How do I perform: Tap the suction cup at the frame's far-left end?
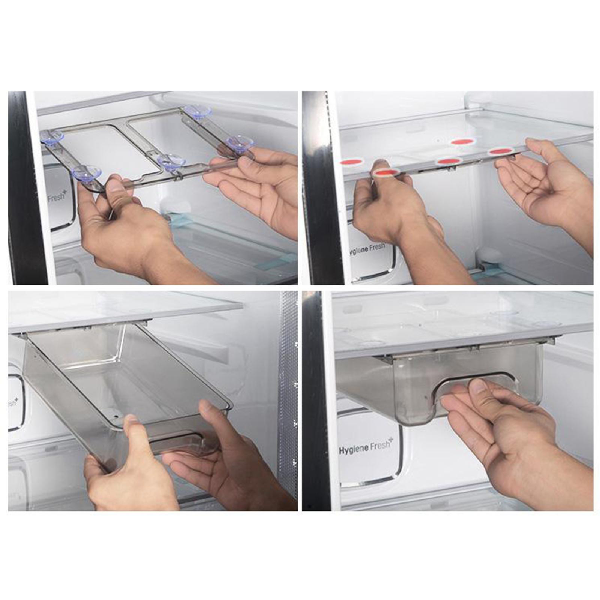click(x=52, y=136)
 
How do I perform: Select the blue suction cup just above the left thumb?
click(x=87, y=173)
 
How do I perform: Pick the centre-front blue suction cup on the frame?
click(x=171, y=162)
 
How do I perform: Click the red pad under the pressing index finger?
click(x=386, y=172)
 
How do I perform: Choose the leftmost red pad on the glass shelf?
click(x=352, y=162)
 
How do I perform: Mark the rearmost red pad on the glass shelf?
click(x=463, y=142)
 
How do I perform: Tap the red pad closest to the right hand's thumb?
click(x=500, y=151)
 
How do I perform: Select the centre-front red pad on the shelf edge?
click(x=448, y=161)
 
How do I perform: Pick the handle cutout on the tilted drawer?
click(x=176, y=442)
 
